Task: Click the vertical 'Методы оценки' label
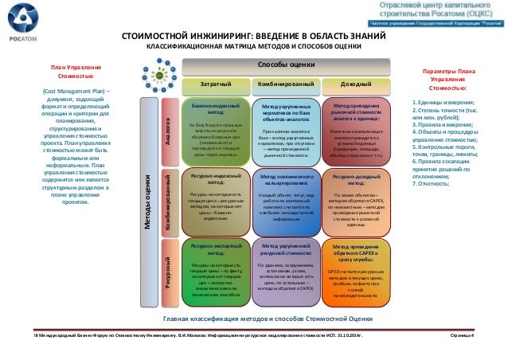(148, 191)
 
